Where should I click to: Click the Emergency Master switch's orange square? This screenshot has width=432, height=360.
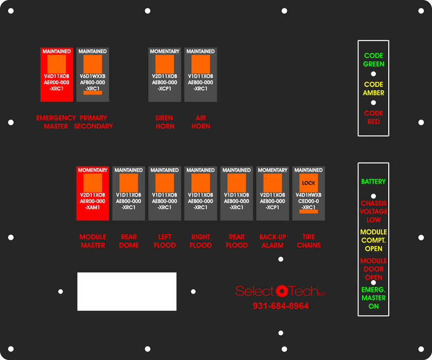57,64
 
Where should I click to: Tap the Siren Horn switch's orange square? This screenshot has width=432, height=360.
165,64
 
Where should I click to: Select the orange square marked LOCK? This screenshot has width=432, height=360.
308,183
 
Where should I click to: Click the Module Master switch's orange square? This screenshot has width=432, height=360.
92,183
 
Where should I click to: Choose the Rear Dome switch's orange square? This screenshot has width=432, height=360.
129,183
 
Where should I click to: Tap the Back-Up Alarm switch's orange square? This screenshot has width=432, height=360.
273,183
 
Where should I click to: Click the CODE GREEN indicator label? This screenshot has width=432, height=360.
374,60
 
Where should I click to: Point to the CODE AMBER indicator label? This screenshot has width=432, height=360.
374,89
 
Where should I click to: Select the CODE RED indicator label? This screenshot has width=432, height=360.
374,117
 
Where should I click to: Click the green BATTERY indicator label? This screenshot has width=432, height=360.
373,181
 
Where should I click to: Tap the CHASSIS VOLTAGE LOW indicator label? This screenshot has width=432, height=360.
374,212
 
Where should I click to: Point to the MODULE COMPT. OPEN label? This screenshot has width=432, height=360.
374,240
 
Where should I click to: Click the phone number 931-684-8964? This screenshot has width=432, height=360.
281,305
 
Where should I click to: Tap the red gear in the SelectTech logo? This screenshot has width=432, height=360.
281,291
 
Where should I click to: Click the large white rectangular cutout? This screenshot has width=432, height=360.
127,291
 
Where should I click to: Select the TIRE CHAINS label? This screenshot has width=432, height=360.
308,241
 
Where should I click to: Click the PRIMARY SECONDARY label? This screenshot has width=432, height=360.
93,122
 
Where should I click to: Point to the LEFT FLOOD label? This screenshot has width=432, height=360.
165,241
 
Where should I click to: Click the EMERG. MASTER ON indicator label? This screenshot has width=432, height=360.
374,298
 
